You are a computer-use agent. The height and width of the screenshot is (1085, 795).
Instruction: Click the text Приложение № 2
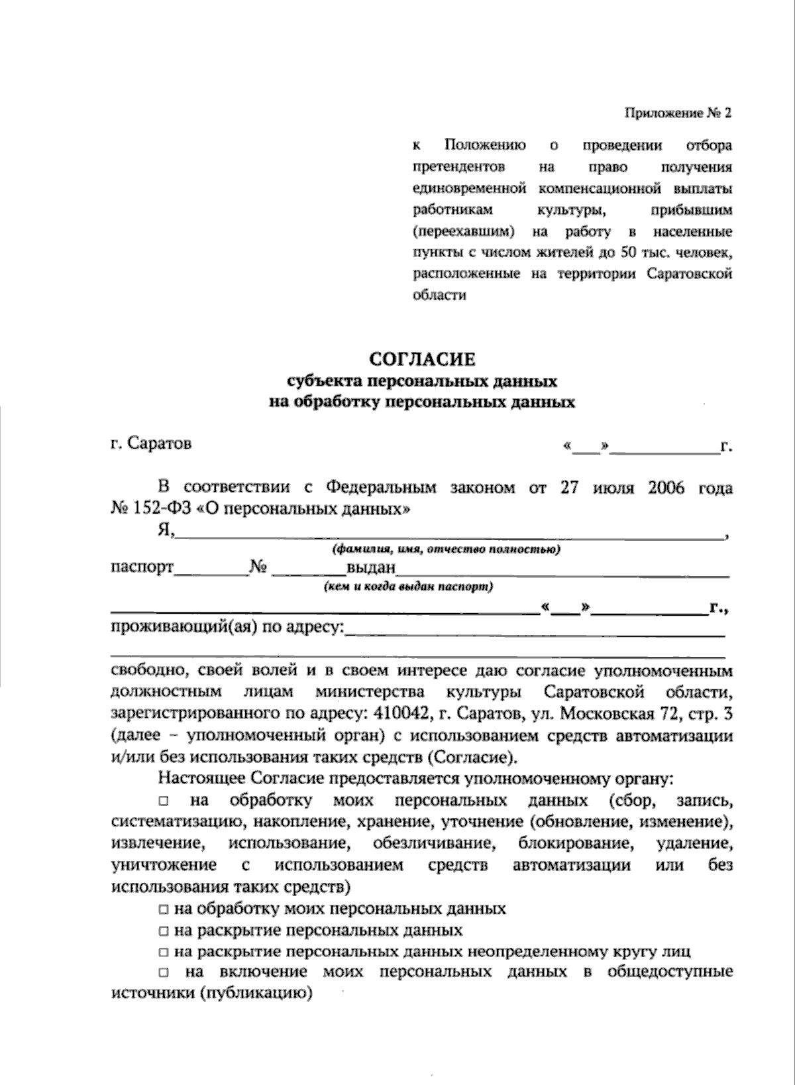(x=678, y=113)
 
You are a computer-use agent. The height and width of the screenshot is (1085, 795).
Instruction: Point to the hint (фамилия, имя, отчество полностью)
(x=446, y=549)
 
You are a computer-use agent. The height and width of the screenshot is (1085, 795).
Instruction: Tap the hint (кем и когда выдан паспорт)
(x=408, y=587)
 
